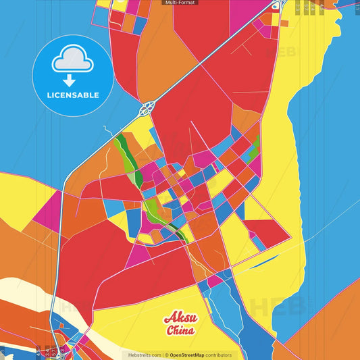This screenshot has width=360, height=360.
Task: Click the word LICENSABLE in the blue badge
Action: tap(72, 95)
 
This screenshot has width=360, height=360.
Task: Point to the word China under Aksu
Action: tap(180, 330)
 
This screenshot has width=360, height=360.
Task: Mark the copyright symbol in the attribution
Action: tap(166, 355)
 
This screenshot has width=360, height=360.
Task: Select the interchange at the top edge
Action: tap(276, 5)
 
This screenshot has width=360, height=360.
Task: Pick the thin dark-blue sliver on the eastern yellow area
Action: tap(267, 259)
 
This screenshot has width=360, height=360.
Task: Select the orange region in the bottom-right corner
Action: tap(324, 331)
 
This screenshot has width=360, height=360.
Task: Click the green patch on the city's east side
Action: tap(254, 152)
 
